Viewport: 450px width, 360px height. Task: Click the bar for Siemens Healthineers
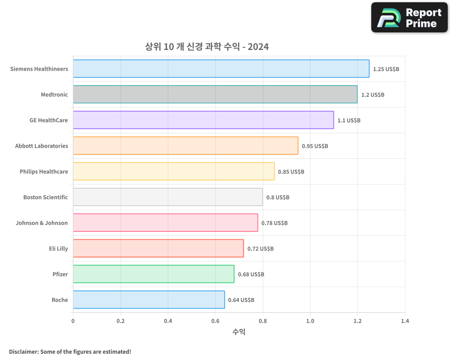point(221,69)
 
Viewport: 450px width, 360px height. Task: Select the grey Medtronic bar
point(215,94)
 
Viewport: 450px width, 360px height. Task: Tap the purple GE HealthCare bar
point(203,120)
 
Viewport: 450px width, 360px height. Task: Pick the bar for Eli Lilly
point(158,248)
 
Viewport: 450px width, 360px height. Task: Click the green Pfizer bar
point(153,274)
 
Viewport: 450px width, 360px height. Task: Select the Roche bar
point(149,300)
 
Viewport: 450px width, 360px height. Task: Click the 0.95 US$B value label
point(315,146)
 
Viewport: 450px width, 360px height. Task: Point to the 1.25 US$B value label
point(386,69)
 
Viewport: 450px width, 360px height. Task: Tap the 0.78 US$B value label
point(274,223)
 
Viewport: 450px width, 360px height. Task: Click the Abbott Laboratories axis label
point(41,146)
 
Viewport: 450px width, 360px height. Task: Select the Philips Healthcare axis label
point(44,172)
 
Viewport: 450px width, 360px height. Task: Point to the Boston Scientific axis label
point(45,198)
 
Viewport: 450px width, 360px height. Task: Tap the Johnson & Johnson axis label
point(41,223)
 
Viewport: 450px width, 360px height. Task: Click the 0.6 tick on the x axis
point(215,321)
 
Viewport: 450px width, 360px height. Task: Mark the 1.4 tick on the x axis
point(405,321)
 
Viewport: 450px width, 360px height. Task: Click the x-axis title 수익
point(239,332)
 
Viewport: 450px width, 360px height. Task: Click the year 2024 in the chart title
point(258,46)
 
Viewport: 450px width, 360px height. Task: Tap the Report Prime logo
point(409,18)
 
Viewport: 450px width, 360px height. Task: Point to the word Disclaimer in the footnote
point(23,351)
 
